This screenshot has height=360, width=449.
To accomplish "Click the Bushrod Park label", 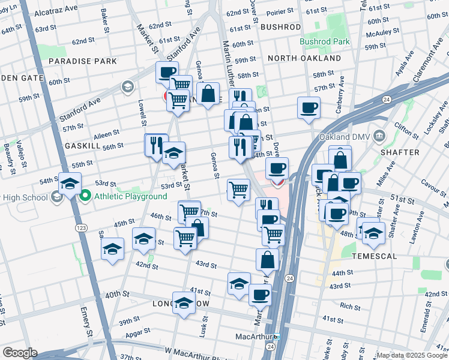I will [325, 43].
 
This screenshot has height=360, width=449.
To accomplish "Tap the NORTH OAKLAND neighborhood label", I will [304, 58].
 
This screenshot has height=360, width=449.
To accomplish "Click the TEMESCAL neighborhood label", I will [376, 256].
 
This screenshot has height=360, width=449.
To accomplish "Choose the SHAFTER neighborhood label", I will [400, 152].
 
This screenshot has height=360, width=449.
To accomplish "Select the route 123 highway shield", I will [80, 229].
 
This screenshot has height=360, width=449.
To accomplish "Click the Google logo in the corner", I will [20, 353].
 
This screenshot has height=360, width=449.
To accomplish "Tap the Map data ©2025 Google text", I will [411, 355].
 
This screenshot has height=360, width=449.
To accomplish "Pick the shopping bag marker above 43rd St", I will [268, 259].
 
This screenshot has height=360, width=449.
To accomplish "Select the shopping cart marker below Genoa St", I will [238, 190].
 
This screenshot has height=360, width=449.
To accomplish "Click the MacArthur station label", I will [256, 337].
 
